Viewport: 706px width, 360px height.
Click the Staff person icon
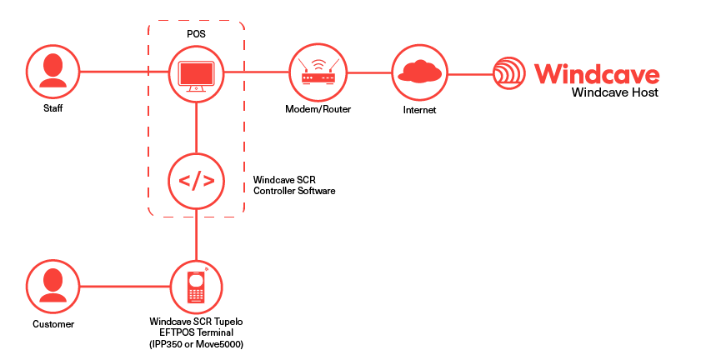53,71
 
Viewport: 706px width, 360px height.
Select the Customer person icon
53,286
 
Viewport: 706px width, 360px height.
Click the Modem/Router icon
318,72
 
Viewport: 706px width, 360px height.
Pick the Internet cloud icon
419,72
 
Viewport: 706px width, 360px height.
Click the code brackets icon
197,181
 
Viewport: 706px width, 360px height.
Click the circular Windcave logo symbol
509,72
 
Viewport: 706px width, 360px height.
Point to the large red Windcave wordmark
597,74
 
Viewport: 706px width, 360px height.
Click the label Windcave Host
615,92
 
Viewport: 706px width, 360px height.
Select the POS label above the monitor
197,33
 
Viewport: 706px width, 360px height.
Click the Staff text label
53,108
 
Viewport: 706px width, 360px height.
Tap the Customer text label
53,324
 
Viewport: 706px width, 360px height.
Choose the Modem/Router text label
318,109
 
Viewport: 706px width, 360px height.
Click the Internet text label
419,110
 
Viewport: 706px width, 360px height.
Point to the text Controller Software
294,191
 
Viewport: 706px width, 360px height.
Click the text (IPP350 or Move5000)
197,345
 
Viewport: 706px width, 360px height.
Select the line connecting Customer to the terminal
125,286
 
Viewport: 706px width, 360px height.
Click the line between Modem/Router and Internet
369,72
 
